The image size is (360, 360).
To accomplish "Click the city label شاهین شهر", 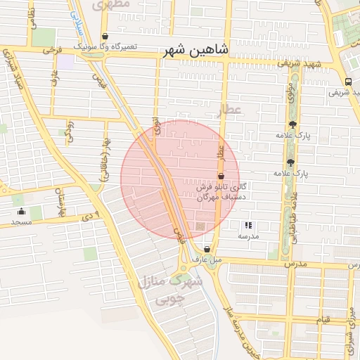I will point(195,51).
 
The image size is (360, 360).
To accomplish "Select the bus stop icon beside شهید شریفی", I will point(349,81).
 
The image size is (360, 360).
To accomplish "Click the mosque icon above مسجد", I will point(22,211).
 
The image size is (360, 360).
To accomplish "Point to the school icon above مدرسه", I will point(247,226).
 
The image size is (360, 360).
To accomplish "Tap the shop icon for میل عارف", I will point(206,249).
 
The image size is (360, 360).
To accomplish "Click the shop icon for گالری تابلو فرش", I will point(221,176).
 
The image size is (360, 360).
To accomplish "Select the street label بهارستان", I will point(61,200).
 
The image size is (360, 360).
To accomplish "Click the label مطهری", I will point(111,4).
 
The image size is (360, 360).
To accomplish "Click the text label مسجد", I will point(22,222).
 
